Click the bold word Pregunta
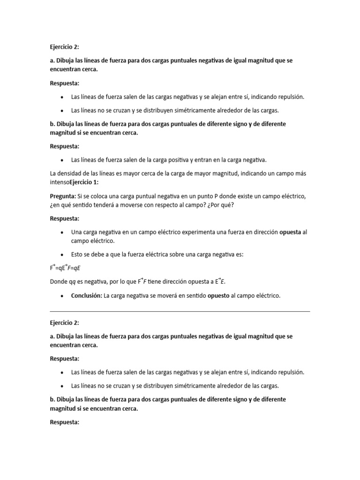[62, 196]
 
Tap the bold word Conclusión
[86, 296]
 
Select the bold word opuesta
[290, 232]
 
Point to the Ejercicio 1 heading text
[86, 182]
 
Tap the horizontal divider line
[180, 311]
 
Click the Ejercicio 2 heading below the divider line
[64, 322]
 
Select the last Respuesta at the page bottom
[64, 422]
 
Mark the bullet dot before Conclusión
[62, 296]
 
